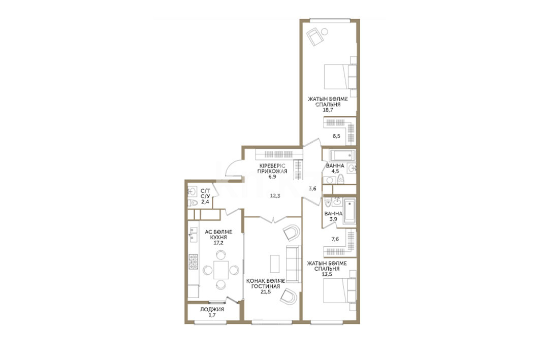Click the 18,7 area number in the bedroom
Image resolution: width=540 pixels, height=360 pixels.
[328, 110]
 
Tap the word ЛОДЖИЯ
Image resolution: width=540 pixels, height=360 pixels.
[212, 309]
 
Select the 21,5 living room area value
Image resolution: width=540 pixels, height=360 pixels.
[266, 292]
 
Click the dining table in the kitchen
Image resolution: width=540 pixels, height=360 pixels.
[221, 270]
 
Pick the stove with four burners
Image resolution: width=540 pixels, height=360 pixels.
[193, 261]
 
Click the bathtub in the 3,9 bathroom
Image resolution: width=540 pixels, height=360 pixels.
[350, 210]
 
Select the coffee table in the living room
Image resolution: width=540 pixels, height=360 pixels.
[274, 264]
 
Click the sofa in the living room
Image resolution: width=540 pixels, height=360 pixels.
[294, 265]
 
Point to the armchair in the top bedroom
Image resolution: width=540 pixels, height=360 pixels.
[314, 37]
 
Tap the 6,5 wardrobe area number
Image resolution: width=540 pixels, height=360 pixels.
[336, 136]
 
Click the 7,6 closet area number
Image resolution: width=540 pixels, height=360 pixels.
[335, 239]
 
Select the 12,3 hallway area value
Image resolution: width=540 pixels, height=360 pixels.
[275, 196]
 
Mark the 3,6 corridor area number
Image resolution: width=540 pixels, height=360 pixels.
[312, 188]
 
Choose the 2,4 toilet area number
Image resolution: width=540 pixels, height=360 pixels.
[205, 202]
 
